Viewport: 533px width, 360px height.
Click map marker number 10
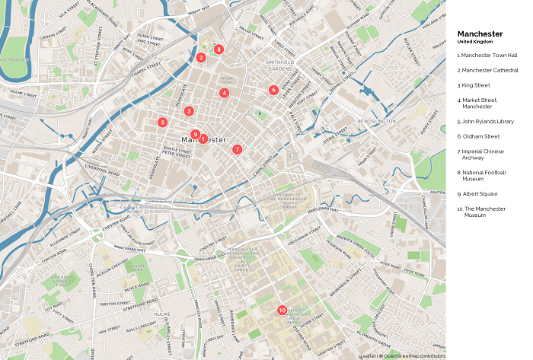[x=282, y=310]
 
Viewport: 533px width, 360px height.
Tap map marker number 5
[x=162, y=123]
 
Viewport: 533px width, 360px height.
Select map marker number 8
[x=219, y=49]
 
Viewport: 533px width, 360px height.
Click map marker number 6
[x=273, y=90]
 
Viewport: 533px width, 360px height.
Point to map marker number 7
[x=238, y=149]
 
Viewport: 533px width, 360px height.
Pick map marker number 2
[x=201, y=58]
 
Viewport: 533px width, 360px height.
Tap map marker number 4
[x=224, y=93]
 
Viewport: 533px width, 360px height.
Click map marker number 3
[x=188, y=111]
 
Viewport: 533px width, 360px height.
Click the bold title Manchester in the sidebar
[x=480, y=33]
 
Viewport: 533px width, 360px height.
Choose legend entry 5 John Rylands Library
[x=487, y=121]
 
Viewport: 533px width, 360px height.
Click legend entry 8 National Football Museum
[x=483, y=175]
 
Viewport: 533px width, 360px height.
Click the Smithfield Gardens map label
[x=279, y=65]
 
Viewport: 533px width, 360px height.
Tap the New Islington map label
[x=372, y=121]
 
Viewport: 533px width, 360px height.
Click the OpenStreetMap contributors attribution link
[x=413, y=355]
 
